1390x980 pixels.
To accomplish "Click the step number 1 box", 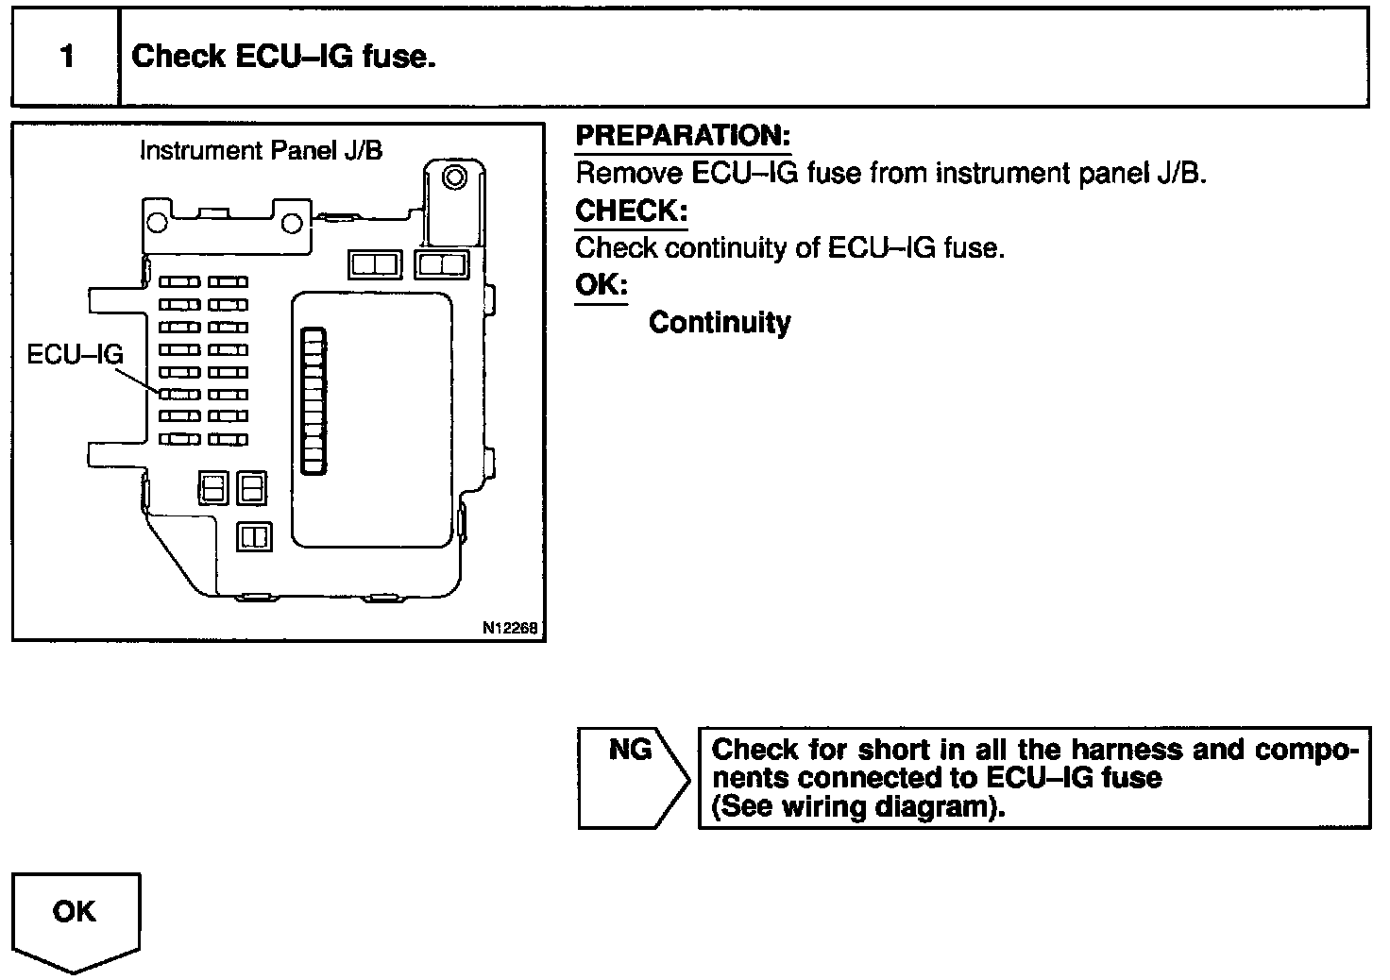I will [65, 57].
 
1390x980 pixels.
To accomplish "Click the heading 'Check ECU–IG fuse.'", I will [283, 57].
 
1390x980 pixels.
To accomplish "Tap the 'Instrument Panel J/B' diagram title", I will [261, 151].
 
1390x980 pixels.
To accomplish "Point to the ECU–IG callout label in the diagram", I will [75, 355].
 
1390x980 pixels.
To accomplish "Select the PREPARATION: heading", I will [683, 136].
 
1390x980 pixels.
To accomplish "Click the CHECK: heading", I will [631, 210].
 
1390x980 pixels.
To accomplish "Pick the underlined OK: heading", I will [601, 285].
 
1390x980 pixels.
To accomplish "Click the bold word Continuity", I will [720, 323].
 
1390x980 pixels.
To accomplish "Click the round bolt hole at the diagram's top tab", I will [455, 177].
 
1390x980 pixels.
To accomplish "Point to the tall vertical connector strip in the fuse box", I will [314, 399].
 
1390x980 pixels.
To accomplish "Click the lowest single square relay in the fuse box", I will [255, 536].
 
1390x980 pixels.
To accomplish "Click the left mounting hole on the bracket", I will [158, 224].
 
